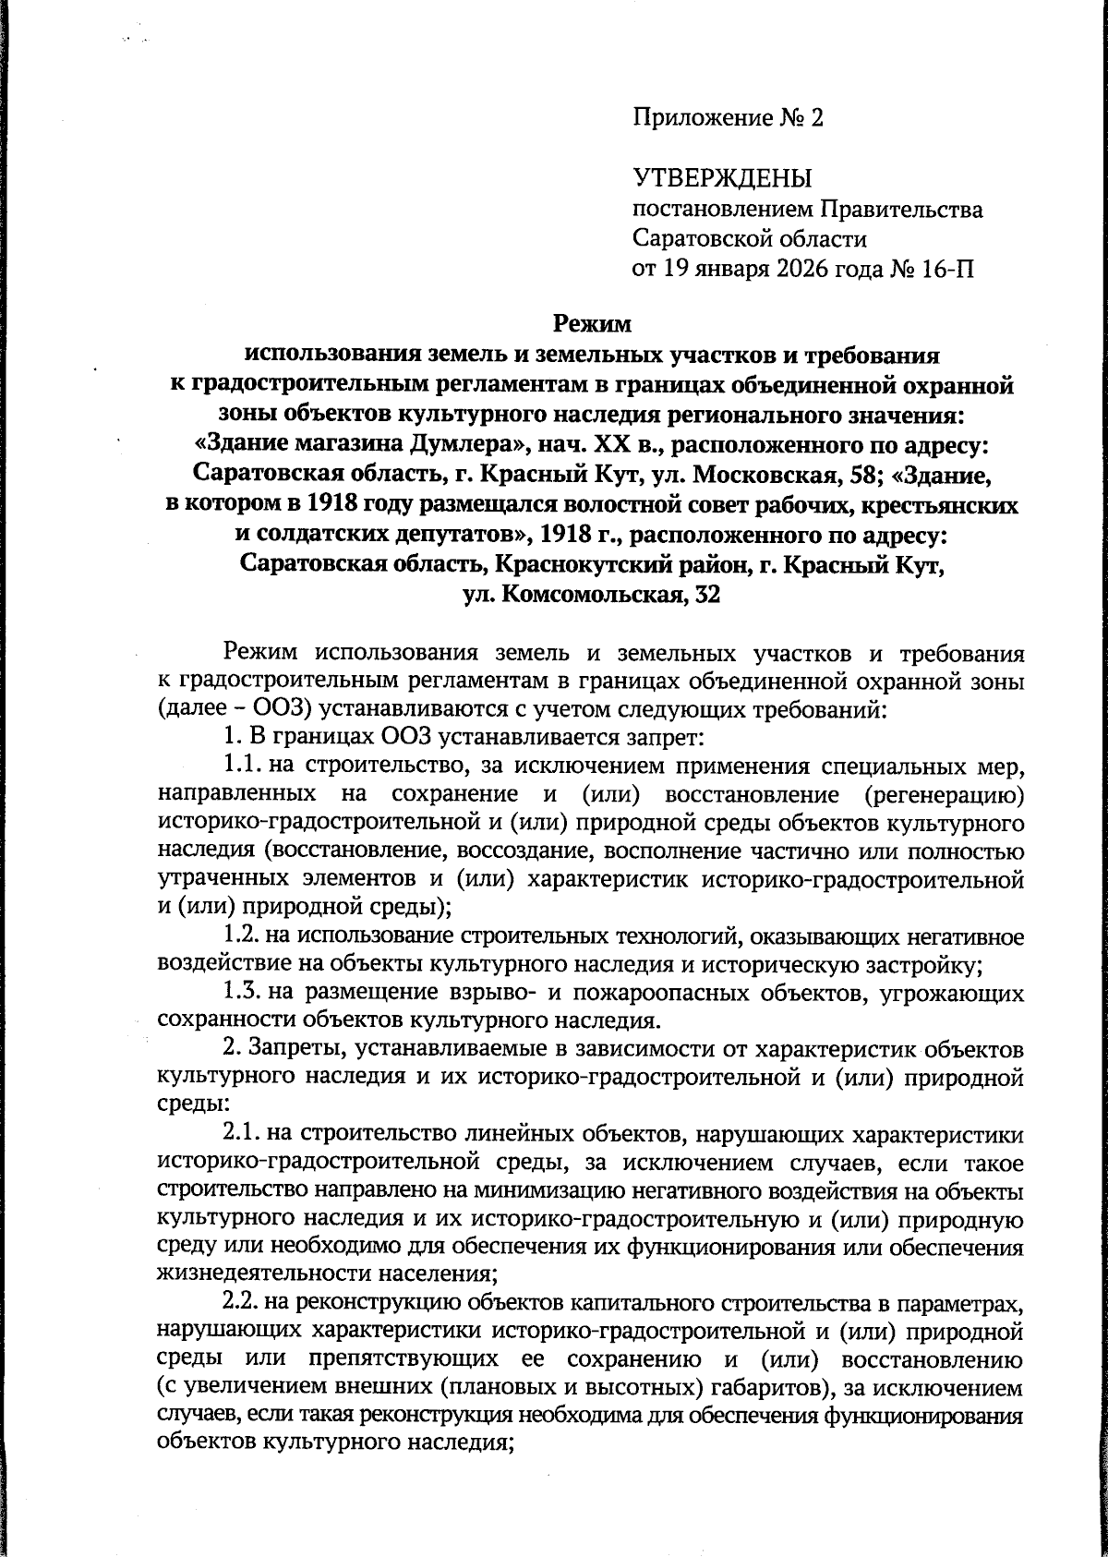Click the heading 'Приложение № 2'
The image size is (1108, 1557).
(x=728, y=118)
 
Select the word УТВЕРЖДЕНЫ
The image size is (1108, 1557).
(x=722, y=178)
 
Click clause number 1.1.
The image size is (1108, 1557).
(x=242, y=766)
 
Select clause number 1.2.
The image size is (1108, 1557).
(x=242, y=938)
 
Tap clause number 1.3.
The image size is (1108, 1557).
(x=242, y=994)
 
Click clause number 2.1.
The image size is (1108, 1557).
(x=242, y=1132)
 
